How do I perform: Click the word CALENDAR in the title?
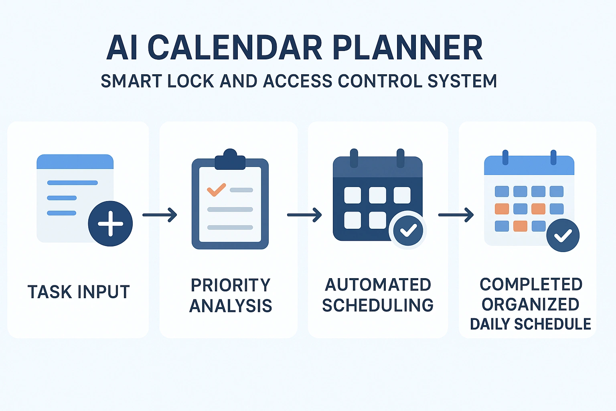click(x=235, y=48)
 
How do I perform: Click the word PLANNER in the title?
click(x=407, y=48)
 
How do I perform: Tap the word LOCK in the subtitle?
click(x=190, y=81)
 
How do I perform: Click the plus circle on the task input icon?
click(x=110, y=224)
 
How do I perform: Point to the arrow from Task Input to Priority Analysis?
click(x=160, y=215)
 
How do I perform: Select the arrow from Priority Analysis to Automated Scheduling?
click(x=304, y=215)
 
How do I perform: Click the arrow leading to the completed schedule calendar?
click(x=456, y=215)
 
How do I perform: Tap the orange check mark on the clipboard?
click(x=216, y=189)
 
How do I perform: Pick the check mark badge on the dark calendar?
click(x=408, y=230)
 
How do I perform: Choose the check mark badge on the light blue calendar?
click(x=563, y=235)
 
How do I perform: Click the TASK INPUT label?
click(x=79, y=292)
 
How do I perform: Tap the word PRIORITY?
click(x=231, y=285)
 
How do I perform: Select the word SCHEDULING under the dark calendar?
click(x=378, y=305)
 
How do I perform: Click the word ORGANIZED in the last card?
click(x=530, y=305)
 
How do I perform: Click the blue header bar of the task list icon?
click(x=75, y=162)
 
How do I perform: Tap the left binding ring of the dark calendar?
click(x=354, y=158)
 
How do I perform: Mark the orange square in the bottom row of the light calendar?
click(x=520, y=226)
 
